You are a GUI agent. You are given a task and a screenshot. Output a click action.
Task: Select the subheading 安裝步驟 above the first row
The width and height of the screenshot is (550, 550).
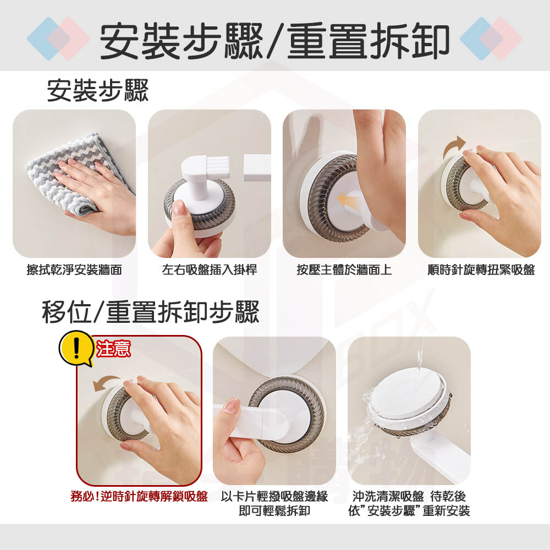pos(98,91)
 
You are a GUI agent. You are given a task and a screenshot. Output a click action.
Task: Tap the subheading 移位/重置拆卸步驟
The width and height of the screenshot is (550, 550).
pos(151,311)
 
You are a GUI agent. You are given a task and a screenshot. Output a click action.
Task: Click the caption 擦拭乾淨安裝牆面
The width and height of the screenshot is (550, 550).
pos(74,269)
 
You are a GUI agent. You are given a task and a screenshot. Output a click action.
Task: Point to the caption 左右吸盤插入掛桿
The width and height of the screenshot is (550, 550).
pos(210,269)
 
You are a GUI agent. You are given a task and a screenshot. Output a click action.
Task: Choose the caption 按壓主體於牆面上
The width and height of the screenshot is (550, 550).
pos(344,269)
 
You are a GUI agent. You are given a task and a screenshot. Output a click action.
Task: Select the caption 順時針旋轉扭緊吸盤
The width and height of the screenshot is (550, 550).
pos(481,269)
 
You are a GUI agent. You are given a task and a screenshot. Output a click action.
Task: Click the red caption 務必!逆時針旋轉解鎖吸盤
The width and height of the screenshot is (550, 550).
pos(139,496)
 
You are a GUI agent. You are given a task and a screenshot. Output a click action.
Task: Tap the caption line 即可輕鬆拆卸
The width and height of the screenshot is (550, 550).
pos(274,511)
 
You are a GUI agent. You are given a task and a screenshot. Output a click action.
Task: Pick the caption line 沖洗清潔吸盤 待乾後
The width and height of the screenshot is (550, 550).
pos(409,496)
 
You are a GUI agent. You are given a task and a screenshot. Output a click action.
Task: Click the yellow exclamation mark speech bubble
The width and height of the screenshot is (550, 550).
pos(77,348)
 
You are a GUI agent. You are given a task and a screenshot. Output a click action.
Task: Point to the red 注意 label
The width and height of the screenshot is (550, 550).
pos(113,349)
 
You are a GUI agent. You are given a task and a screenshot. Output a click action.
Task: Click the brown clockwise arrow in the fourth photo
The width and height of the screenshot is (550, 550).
pos(454,146)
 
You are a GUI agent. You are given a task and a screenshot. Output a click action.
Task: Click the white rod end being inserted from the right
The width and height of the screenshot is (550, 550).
pos(257,168)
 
